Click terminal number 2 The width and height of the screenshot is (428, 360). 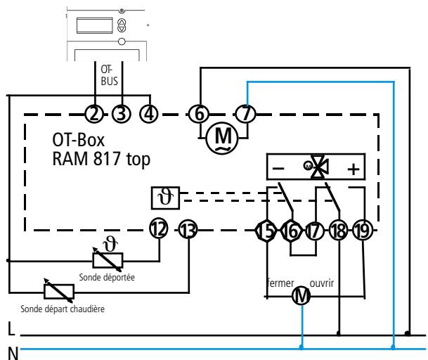click(x=94, y=114)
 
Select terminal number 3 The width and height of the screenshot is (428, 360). click(x=122, y=114)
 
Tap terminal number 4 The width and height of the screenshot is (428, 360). click(x=149, y=114)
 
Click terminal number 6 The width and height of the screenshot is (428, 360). click(x=199, y=114)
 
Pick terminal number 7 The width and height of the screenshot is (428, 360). click(x=246, y=114)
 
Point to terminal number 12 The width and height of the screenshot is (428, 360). click(x=159, y=229)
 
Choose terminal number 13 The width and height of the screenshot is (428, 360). click(x=188, y=230)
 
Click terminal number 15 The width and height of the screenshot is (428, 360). click(x=266, y=231)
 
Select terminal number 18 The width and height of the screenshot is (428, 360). click(x=339, y=231)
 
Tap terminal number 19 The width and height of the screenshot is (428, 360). click(x=363, y=231)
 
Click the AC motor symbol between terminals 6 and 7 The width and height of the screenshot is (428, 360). click(x=222, y=138)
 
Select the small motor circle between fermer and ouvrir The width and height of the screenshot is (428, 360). click(x=301, y=295)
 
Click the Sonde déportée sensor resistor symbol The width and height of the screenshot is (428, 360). click(x=108, y=260)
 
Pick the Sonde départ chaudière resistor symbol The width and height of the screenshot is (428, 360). click(x=59, y=291)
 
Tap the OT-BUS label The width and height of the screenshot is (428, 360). click(x=109, y=75)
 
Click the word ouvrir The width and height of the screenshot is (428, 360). click(x=322, y=283)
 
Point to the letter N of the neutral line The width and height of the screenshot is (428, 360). click(x=13, y=353)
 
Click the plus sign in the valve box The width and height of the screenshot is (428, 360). click(x=354, y=169)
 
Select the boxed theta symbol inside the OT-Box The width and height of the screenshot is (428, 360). click(x=165, y=198)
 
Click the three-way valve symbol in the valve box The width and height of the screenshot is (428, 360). click(x=317, y=167)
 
